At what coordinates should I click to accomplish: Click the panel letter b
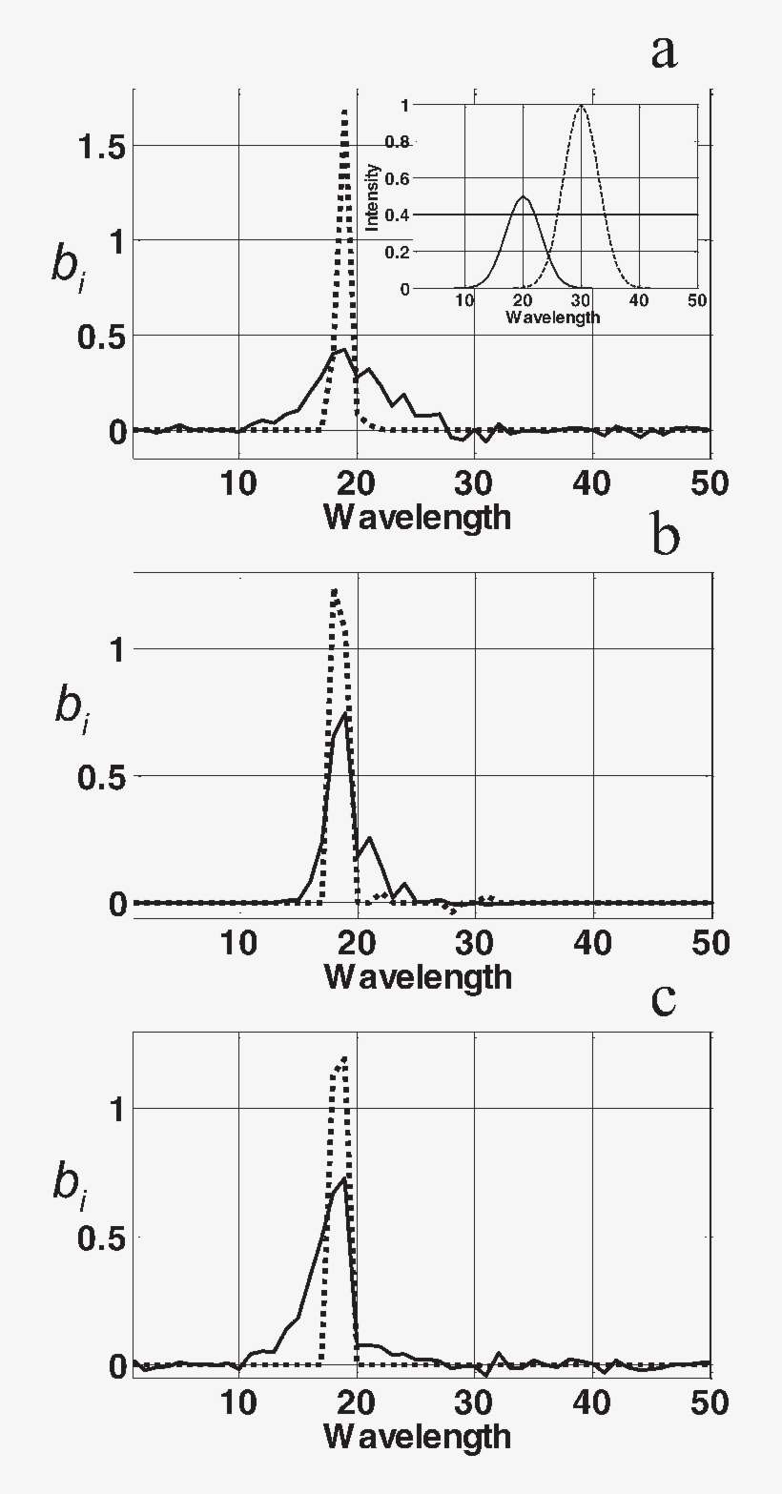coord(666,537)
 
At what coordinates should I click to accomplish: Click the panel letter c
coord(664,998)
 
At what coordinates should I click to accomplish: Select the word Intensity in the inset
coord(375,196)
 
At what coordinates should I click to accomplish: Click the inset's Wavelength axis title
coord(553,317)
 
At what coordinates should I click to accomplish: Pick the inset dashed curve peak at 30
coord(581,106)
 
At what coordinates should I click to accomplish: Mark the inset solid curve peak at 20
coord(523,196)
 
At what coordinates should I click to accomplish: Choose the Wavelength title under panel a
coord(417,518)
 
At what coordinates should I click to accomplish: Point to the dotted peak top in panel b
coord(335,590)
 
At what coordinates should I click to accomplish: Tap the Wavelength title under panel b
coord(417,977)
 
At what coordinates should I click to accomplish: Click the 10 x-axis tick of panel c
coord(238,1402)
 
